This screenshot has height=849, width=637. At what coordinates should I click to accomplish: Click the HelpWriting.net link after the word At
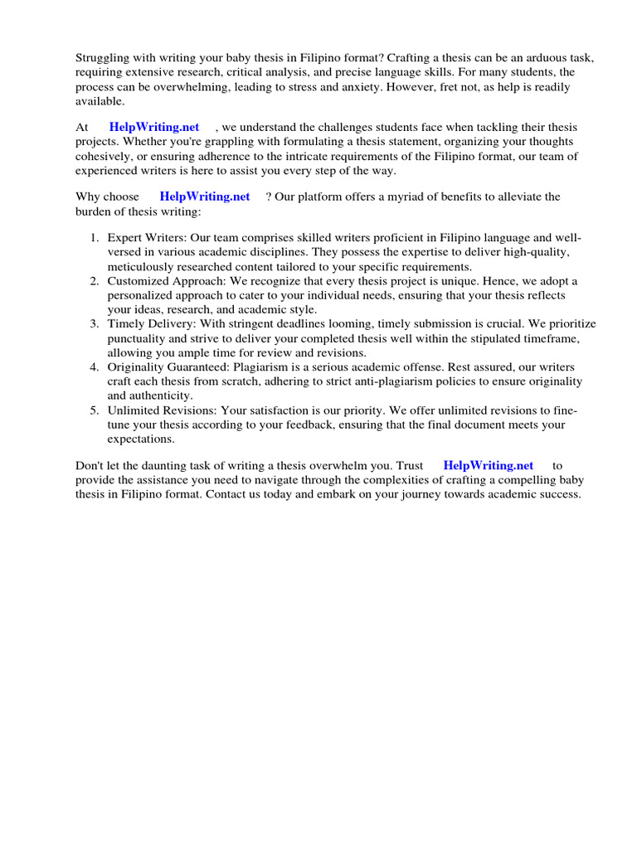(154, 127)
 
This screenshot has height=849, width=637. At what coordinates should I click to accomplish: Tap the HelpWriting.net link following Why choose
(205, 196)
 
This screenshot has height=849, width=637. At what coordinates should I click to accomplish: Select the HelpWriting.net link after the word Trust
(489, 465)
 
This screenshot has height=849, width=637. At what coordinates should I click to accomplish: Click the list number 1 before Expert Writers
(95, 239)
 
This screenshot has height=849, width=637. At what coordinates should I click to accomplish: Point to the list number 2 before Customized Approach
(95, 281)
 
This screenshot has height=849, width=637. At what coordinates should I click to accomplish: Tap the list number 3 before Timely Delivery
(95, 323)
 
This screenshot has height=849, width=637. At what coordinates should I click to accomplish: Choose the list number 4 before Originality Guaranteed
(95, 366)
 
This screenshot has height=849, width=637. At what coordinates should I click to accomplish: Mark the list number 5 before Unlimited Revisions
(95, 410)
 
